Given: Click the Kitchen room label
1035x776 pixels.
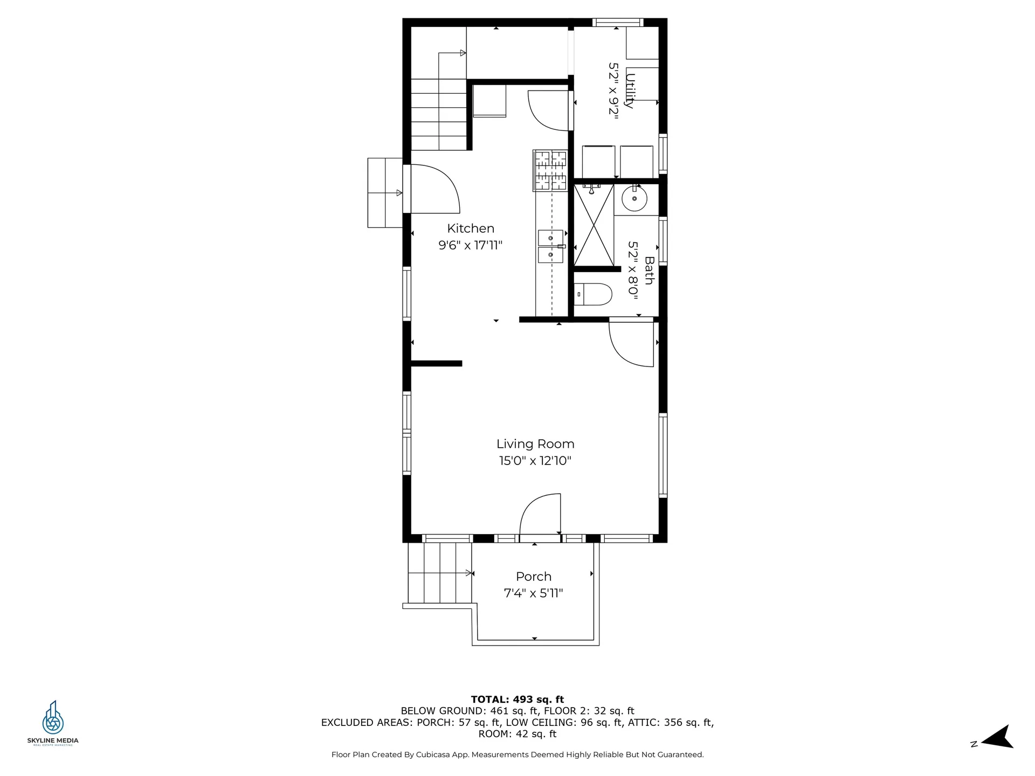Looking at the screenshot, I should coord(470,228).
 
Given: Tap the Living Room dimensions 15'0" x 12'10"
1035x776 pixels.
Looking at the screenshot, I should coord(535,461).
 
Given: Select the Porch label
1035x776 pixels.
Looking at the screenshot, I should coord(533,577).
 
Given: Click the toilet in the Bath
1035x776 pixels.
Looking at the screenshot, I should coord(593,294).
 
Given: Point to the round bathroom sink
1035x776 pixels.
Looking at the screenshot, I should coord(634,199).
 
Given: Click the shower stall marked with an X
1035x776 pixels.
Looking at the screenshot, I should coord(594,225).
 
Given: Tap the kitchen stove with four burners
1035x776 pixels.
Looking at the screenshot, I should coord(550,171).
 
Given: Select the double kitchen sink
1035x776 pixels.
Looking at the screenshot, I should coord(550,246).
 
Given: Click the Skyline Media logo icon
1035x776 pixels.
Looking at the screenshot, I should coord(53,718).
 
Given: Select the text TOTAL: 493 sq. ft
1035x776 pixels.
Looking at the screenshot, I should coord(517,699).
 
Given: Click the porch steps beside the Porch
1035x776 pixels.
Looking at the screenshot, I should coord(439,573).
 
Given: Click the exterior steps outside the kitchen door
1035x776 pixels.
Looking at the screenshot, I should coord(384,192).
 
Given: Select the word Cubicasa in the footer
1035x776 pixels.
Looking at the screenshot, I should coord(433,755).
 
